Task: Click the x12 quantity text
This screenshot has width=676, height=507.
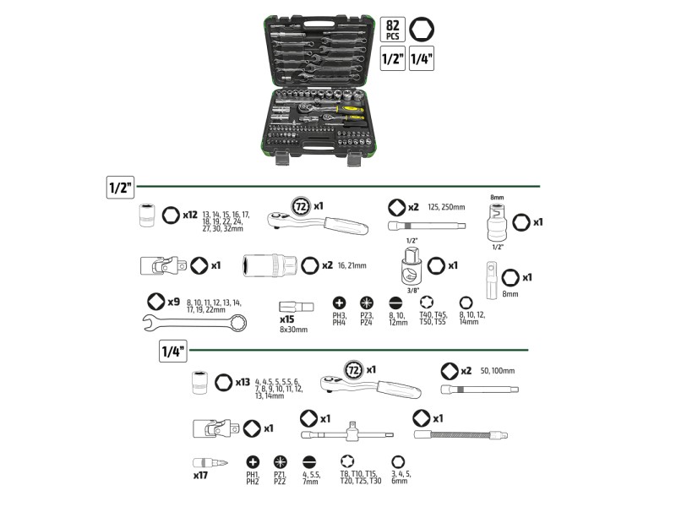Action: click(190, 216)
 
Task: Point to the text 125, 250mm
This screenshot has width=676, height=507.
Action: click(447, 207)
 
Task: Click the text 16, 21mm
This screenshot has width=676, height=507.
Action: click(352, 265)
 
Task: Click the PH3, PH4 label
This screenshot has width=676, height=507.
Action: click(340, 319)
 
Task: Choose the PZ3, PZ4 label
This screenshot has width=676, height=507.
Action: click(367, 319)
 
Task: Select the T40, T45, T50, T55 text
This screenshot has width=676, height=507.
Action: click(432, 319)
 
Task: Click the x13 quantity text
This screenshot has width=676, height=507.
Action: click(244, 382)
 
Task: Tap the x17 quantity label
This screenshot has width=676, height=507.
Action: click(200, 476)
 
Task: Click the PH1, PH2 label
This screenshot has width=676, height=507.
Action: click(252, 477)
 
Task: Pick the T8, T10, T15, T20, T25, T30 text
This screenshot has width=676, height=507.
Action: click(361, 477)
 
